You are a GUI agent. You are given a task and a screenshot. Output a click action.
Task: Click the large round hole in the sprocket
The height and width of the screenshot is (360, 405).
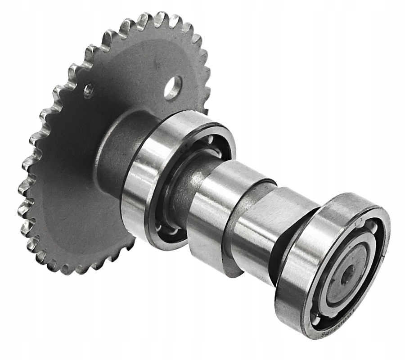(173, 87)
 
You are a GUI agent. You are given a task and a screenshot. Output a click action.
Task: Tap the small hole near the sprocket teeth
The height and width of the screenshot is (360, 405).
(89, 91)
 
